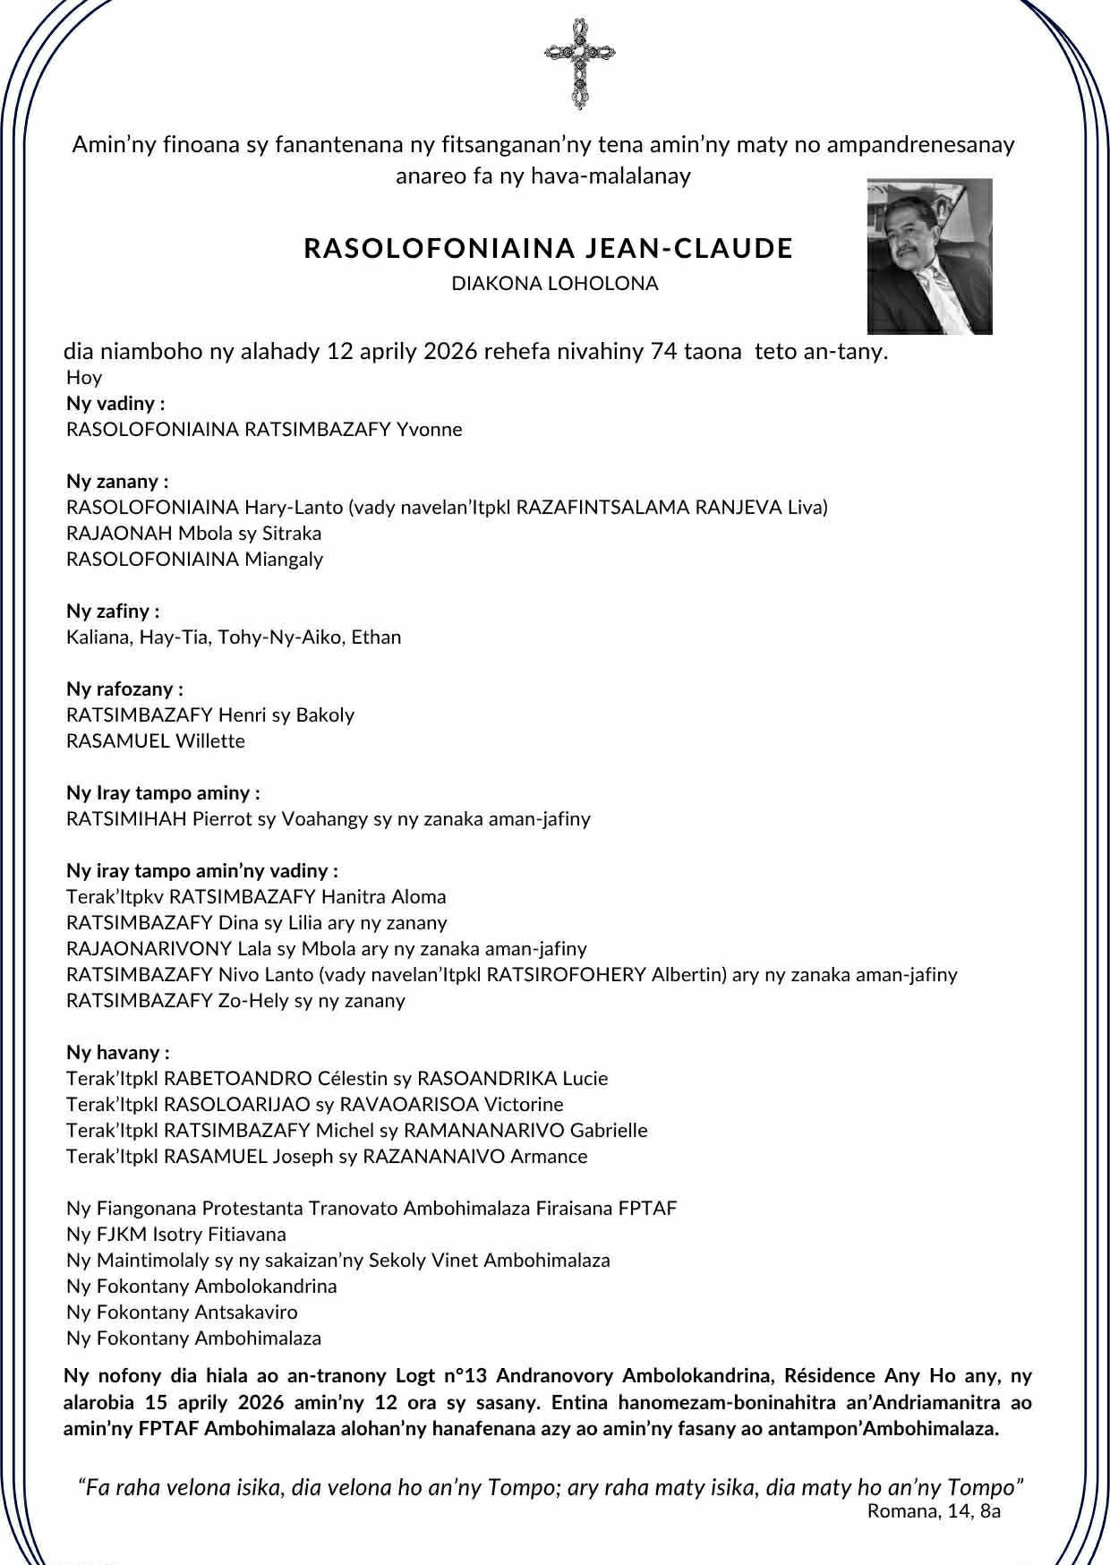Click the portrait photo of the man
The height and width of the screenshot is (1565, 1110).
929,257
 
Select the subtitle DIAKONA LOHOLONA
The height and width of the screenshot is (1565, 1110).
555,284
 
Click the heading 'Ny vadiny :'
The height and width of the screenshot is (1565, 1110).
115,403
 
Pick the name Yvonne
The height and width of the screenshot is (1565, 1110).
430,429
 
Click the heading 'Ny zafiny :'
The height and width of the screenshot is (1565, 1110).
113,611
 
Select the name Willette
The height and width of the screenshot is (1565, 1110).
209,741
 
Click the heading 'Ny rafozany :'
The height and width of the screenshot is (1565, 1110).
124,689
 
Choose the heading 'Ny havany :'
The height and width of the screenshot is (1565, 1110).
117,1053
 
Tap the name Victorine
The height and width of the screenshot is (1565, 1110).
524,1105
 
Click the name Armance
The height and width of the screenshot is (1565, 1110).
549,1157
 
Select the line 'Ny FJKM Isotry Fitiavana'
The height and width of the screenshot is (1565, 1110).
176,1235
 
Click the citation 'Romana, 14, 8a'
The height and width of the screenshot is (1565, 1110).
934,1511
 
